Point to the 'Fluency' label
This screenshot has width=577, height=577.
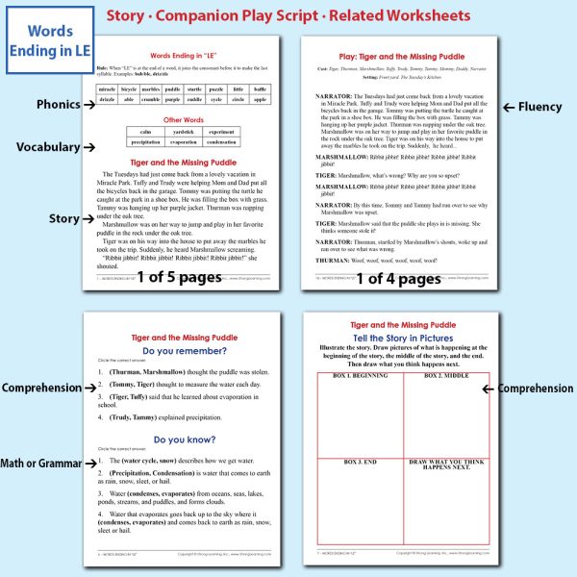(x=539, y=106)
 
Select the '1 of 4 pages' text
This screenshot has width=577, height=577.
(x=398, y=279)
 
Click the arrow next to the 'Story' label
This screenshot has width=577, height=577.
(x=89, y=218)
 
